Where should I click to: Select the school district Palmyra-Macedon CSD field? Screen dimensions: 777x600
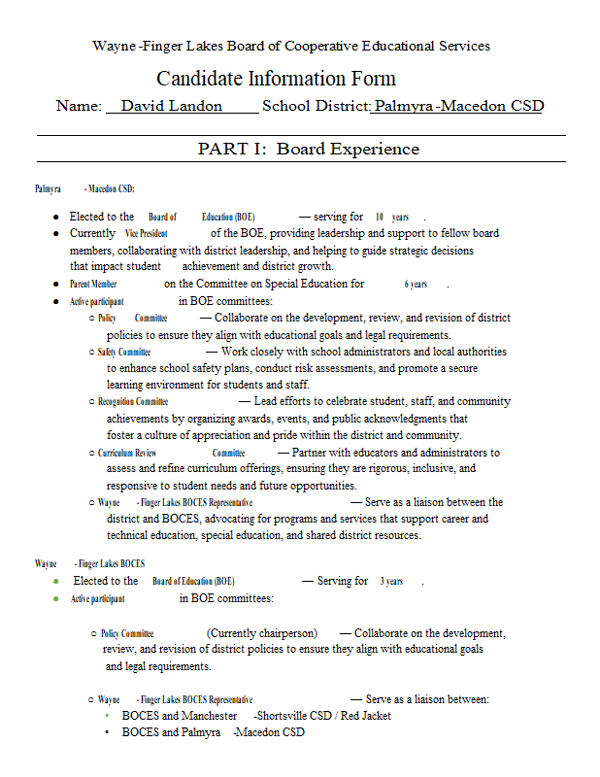point(458,107)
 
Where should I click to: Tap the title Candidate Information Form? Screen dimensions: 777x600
point(276,79)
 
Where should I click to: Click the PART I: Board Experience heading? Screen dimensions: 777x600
point(309,149)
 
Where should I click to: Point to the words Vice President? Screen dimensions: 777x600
point(146,234)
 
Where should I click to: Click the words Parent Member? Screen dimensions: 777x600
point(93,285)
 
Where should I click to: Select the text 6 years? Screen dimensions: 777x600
point(416,285)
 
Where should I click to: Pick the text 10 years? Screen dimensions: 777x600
point(392,218)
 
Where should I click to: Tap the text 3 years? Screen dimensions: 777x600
point(391,582)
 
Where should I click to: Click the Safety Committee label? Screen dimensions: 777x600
point(124,352)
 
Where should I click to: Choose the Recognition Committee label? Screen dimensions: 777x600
point(133,401)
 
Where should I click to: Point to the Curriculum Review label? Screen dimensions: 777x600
point(127,453)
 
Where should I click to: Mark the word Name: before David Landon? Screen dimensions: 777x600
point(79,107)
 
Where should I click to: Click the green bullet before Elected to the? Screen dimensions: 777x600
point(56,581)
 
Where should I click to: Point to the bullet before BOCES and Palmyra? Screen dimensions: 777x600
point(107,732)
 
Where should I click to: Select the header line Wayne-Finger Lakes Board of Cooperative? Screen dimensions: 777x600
point(291,46)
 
